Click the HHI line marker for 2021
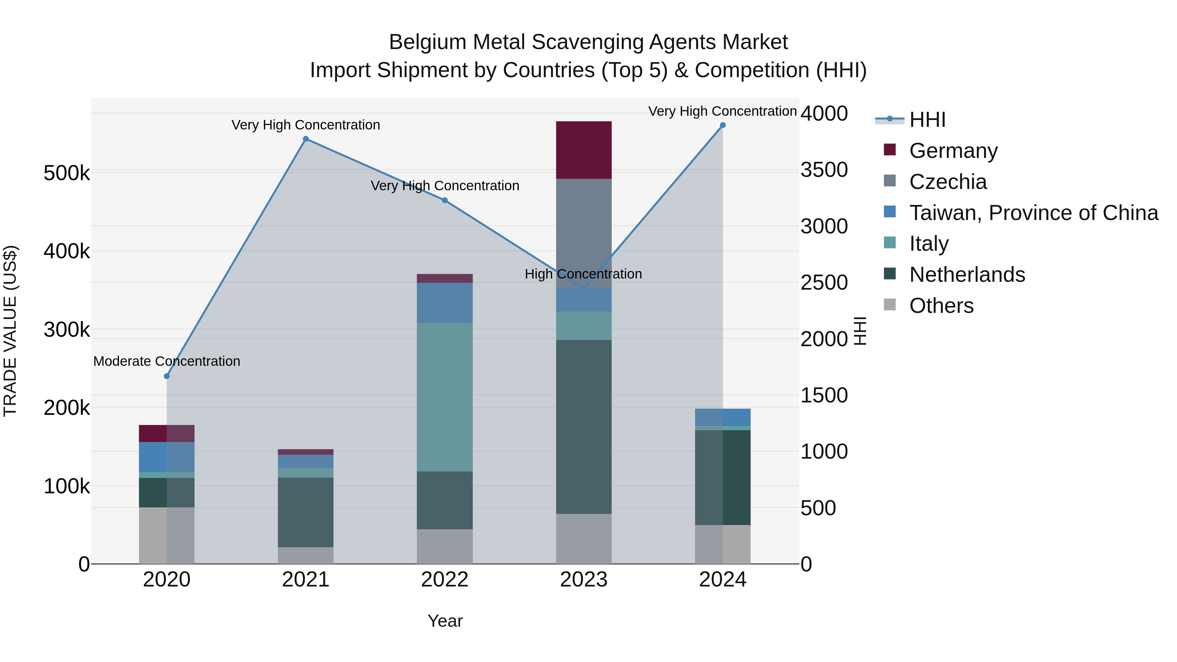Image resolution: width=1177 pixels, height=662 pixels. tap(306, 139)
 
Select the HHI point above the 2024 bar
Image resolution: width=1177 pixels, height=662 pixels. tap(722, 125)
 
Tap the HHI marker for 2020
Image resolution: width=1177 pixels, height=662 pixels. tap(167, 376)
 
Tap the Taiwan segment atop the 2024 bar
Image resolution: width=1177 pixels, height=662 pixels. tap(722, 417)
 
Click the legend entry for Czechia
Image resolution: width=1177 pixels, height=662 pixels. tap(947, 182)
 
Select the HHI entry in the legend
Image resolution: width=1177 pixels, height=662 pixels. tap(927, 120)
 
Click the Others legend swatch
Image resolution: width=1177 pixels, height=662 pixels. tap(890, 304)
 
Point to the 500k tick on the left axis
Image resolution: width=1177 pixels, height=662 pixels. tap(67, 173)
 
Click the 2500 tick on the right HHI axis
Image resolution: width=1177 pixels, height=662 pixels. tap(824, 282)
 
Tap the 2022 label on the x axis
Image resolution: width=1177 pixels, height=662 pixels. tap(445, 580)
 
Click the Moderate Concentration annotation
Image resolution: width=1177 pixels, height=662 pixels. tap(167, 361)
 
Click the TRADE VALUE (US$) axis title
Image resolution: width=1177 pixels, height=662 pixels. tap(10, 331)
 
